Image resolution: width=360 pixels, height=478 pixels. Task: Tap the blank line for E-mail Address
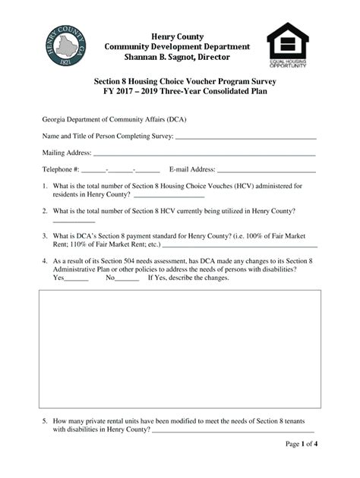tap(266, 170)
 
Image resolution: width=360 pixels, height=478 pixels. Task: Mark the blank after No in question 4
tap(128, 278)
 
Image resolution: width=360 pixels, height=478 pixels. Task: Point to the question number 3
tap(45, 235)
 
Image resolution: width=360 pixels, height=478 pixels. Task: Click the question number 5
tap(45, 420)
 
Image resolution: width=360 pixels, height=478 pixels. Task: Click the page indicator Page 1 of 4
tap(301, 444)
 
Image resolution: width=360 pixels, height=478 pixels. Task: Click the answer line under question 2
tap(74, 220)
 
